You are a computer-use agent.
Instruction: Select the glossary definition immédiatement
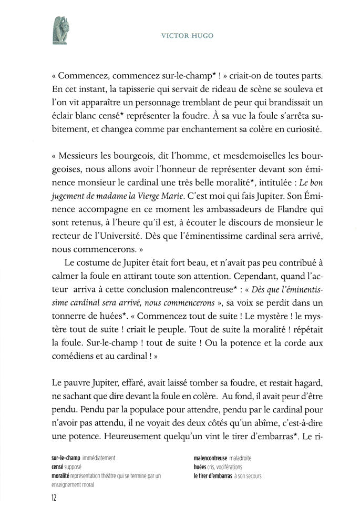[x=97, y=458]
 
